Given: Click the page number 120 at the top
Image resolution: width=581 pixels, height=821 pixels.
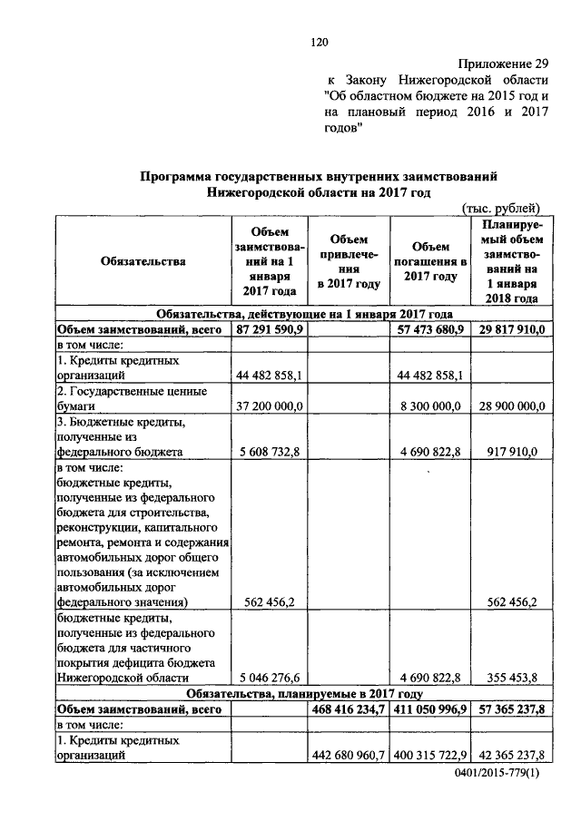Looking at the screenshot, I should point(318,41).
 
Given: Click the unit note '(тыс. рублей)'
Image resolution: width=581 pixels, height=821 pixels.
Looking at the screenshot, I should point(501,207).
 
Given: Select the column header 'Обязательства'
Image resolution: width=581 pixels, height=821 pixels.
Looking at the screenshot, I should point(143,261).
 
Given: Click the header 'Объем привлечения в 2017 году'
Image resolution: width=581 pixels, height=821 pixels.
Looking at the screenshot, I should point(348,261).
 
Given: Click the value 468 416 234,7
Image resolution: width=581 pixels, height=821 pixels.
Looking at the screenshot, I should point(349,709).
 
